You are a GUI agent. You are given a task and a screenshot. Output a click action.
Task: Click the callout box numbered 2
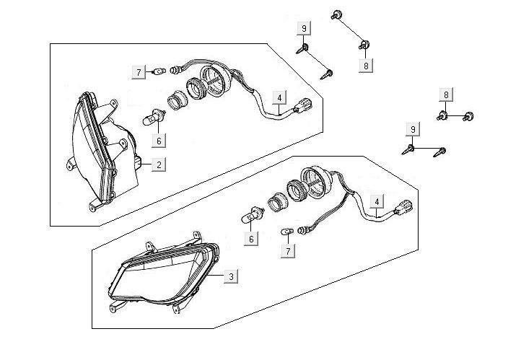click(x=159, y=164)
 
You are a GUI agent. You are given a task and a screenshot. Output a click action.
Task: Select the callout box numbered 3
click(x=229, y=276)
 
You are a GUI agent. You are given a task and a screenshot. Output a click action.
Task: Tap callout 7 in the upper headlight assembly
click(x=137, y=71)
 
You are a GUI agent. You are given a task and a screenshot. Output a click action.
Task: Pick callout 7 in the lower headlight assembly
click(x=289, y=250)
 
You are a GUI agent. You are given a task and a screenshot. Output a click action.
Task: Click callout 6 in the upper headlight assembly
click(x=159, y=141)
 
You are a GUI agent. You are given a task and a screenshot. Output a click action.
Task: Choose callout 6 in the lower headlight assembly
click(x=251, y=239)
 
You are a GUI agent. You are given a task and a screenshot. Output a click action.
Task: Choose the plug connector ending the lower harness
click(x=408, y=209)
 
